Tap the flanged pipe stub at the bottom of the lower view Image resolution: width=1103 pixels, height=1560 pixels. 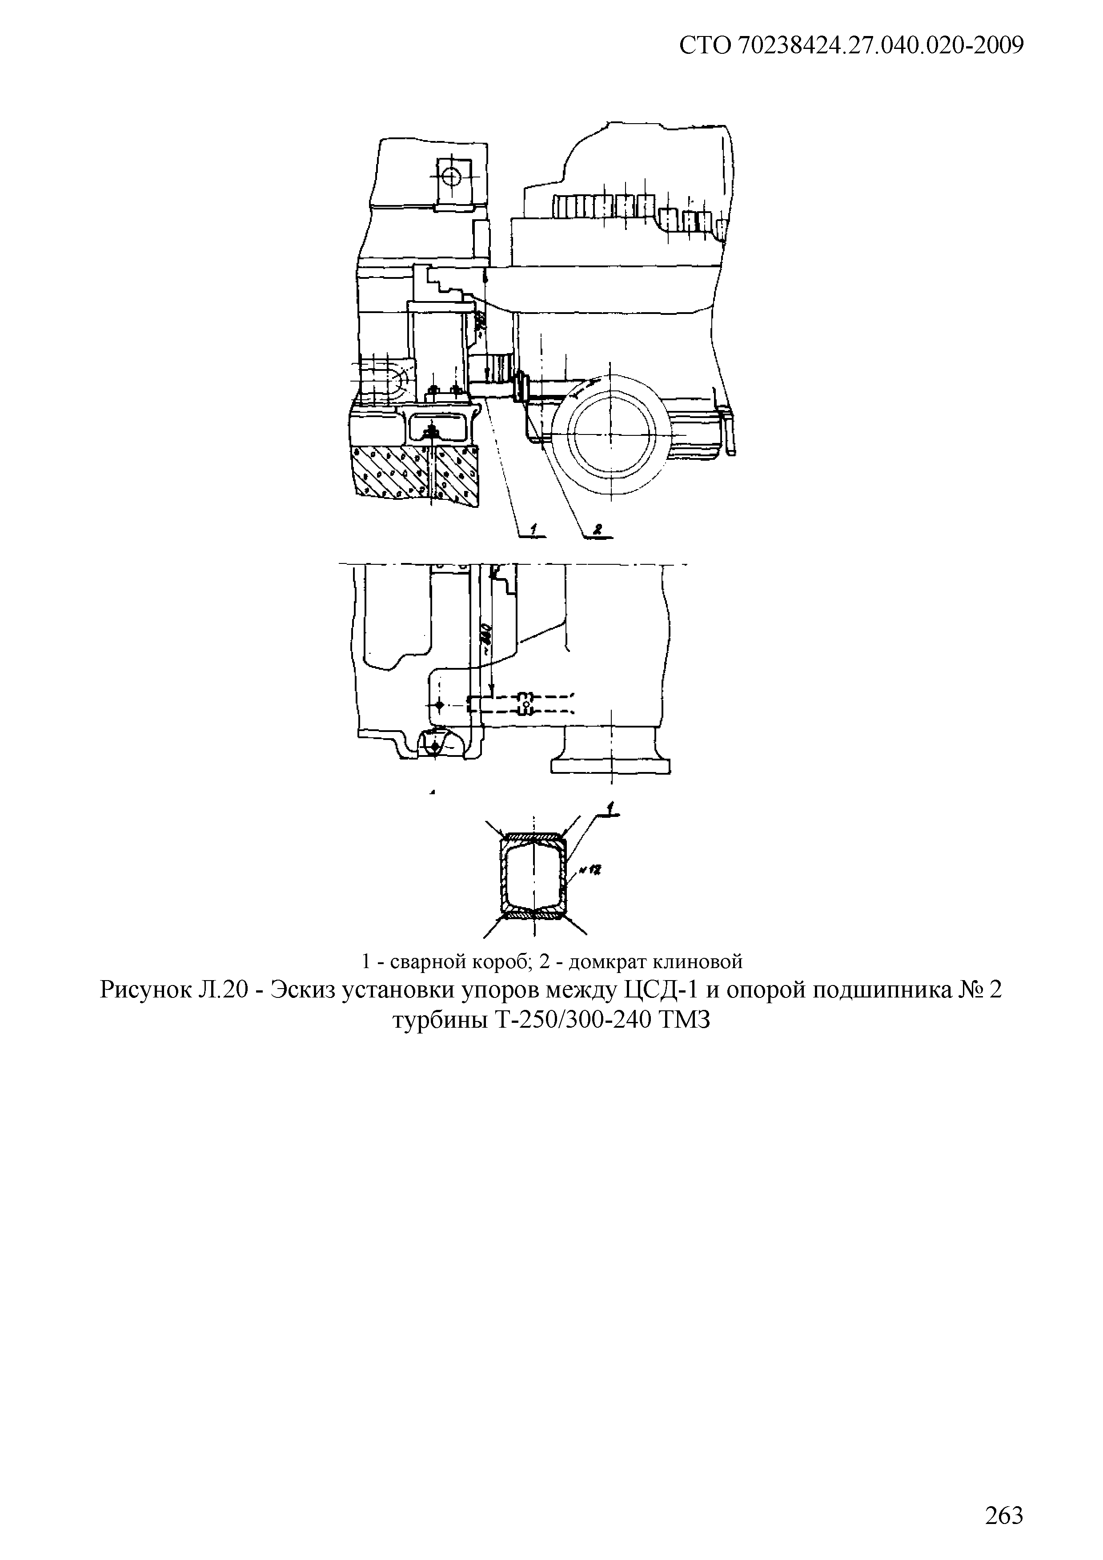[x=610, y=755]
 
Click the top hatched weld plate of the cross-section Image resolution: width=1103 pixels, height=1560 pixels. [x=534, y=836]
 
